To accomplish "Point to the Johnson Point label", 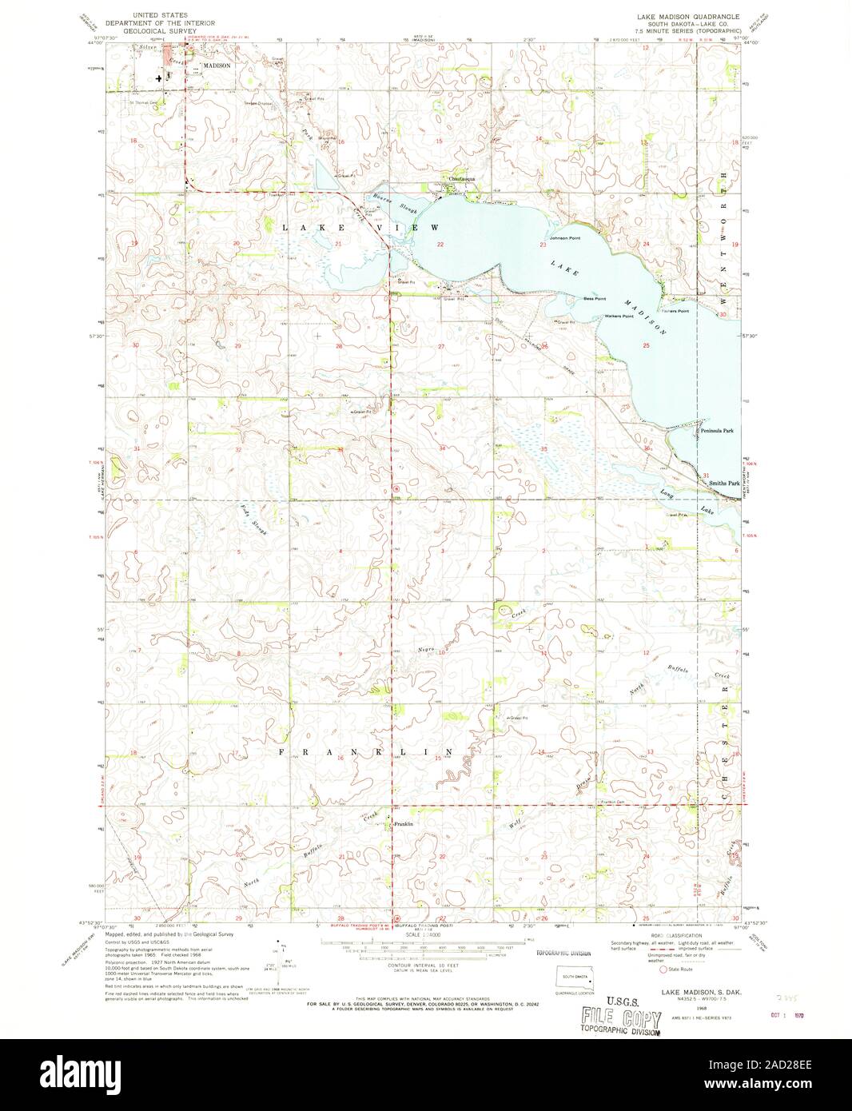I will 563,238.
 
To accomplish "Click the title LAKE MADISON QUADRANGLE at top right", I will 688,16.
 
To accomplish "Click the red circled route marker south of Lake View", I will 396,488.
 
